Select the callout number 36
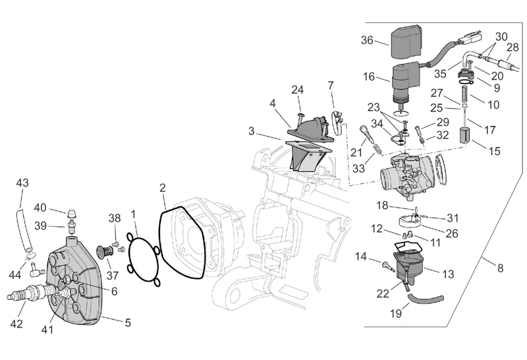coord(367,40)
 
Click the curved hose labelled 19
coord(419,301)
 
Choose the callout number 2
coord(162,189)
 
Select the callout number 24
coord(298,90)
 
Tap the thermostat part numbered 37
coord(104,254)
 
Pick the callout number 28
coord(512,47)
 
